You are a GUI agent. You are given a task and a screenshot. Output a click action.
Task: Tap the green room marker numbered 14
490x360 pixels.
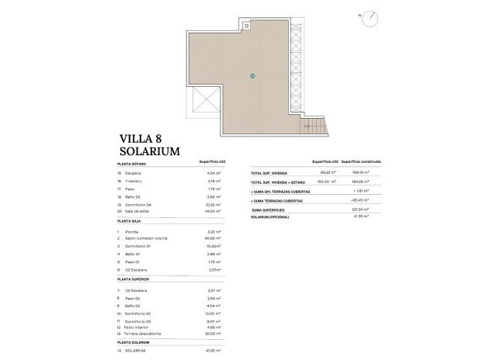click(252, 75)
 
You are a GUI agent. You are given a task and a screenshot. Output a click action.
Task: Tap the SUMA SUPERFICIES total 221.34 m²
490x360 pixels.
click(360, 209)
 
